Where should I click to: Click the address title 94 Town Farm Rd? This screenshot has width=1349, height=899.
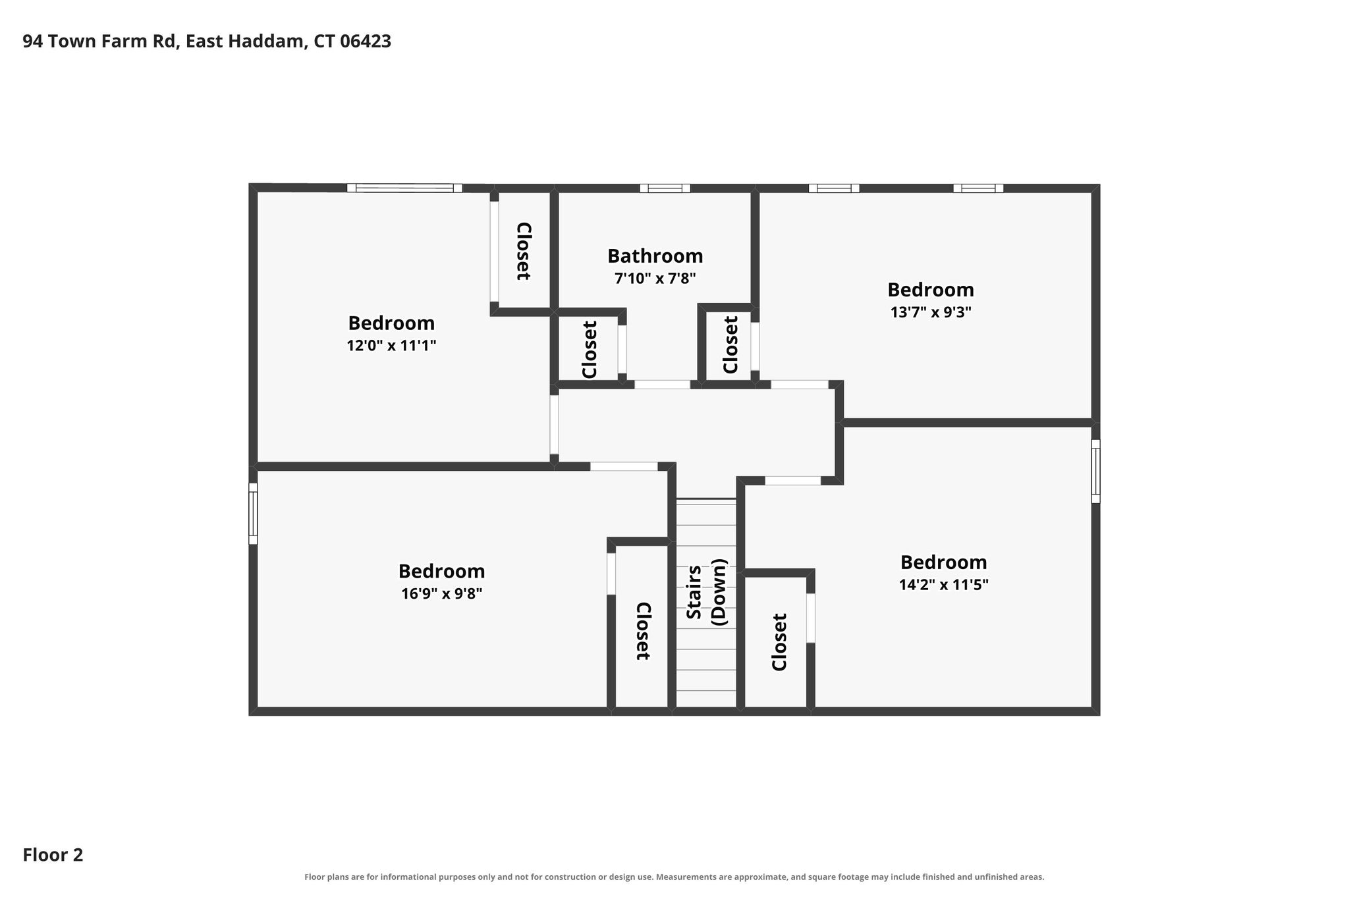(x=207, y=41)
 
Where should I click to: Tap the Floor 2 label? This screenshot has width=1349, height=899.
(x=53, y=856)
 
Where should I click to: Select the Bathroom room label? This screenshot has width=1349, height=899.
(x=655, y=256)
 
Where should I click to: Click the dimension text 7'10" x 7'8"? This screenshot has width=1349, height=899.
(x=655, y=279)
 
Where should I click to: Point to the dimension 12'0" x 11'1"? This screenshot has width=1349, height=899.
(x=391, y=345)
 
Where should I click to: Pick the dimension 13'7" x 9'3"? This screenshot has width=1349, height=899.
(x=931, y=312)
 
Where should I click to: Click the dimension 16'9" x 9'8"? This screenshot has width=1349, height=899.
(x=441, y=593)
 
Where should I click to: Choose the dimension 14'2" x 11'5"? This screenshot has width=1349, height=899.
(x=943, y=584)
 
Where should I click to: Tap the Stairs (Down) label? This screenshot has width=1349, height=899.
(x=706, y=591)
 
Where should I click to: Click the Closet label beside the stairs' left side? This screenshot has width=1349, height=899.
(x=643, y=630)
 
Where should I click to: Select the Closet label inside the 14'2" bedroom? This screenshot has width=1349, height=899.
(x=779, y=642)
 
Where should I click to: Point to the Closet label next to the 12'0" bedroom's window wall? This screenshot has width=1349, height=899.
(x=523, y=252)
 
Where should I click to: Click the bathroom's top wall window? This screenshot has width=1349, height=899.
(x=665, y=188)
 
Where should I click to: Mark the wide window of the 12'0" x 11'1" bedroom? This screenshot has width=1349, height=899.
(x=404, y=188)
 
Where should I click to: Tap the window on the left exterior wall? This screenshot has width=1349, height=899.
(x=253, y=514)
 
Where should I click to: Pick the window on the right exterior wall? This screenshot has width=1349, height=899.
(x=1095, y=471)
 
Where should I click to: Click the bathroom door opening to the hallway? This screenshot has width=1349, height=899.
(x=662, y=385)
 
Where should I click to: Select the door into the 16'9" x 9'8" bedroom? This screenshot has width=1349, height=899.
(x=624, y=467)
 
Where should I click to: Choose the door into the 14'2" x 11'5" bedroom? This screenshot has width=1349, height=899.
(x=792, y=481)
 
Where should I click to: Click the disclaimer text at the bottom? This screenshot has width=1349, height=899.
(x=674, y=877)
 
